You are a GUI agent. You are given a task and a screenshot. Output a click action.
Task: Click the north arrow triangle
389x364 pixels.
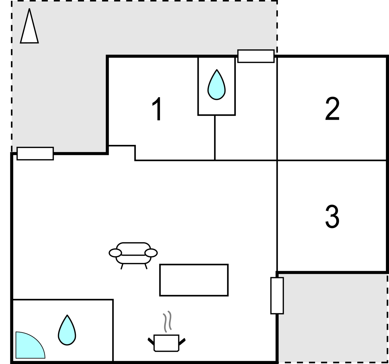(x=29, y=29)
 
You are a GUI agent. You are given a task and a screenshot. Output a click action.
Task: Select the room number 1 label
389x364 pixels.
(x=157, y=109)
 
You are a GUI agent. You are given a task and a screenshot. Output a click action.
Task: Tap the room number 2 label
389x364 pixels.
(x=332, y=108)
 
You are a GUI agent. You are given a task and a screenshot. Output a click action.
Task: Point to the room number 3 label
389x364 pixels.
(x=332, y=216)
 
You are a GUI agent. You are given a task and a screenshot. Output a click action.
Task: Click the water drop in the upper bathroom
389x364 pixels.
(x=217, y=85)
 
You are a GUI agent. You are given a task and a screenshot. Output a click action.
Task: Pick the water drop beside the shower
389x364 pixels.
(x=67, y=330)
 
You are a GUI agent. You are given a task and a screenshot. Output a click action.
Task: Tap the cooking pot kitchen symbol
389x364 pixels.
(x=167, y=343)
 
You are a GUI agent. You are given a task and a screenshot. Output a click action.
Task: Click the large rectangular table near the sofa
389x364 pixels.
(x=194, y=280)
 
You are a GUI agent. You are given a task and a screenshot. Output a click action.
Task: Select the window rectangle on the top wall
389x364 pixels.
(x=256, y=56)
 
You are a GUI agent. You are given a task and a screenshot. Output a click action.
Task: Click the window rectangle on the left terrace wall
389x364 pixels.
(x=35, y=154)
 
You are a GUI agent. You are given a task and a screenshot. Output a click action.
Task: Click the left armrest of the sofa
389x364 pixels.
(x=115, y=253)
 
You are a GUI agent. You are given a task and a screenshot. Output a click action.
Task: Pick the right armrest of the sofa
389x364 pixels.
(x=151, y=253)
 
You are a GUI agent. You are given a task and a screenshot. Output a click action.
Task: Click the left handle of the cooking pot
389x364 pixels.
(x=151, y=341)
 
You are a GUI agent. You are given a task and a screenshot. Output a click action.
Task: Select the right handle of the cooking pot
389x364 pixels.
(x=182, y=341)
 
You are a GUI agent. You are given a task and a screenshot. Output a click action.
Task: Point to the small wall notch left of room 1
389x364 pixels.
(x=121, y=153)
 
